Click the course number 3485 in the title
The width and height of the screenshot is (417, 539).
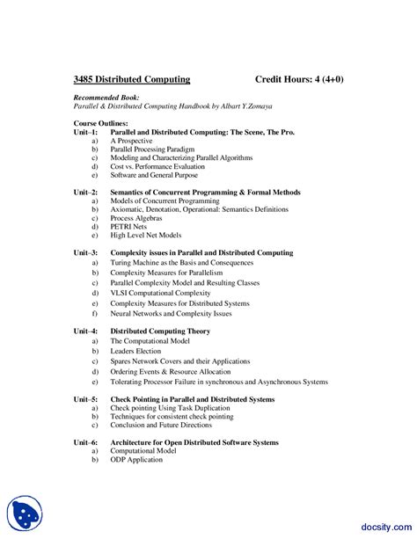tap(85, 79)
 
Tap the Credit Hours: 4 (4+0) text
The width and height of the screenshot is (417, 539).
tap(298, 79)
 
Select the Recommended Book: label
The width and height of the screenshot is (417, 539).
tap(102, 98)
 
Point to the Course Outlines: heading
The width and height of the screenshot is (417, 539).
tap(100, 123)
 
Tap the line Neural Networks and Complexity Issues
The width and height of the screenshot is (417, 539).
tap(171, 313)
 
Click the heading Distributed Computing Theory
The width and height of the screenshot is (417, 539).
tap(160, 331)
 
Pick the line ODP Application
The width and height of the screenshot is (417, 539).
tap(135, 459)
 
